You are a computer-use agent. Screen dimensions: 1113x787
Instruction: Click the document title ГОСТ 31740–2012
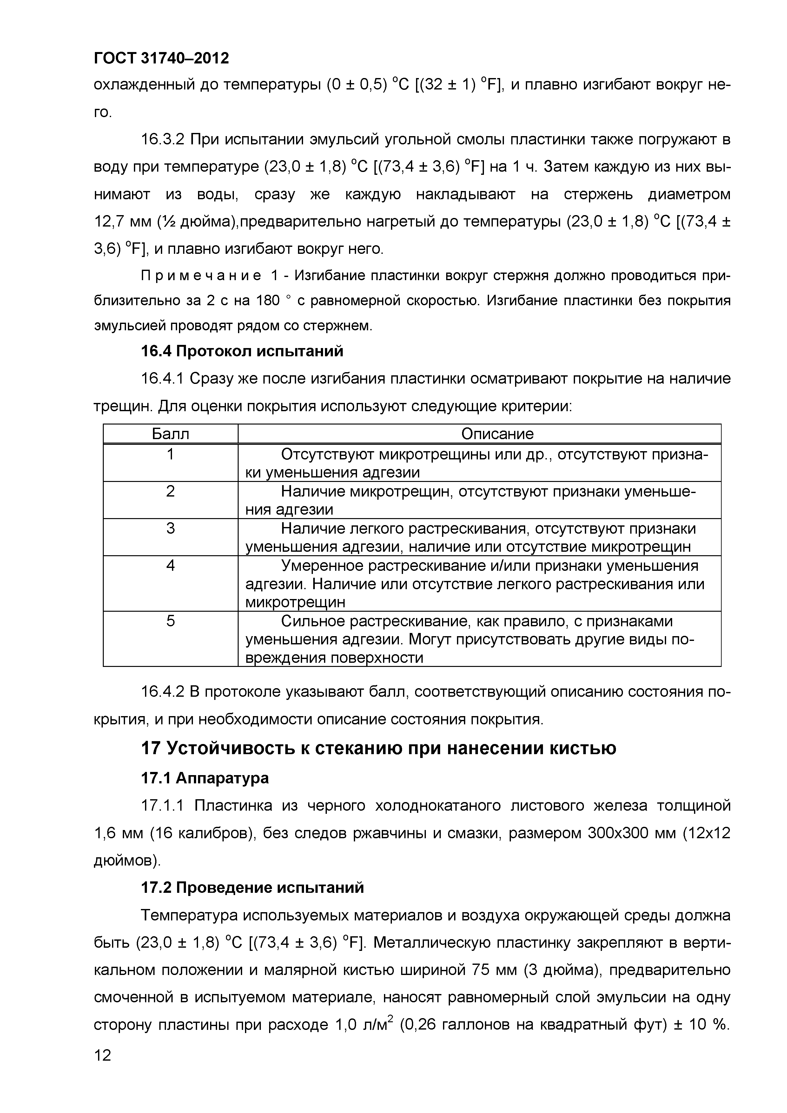pos(161,58)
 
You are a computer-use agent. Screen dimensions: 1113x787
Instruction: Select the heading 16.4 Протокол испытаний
pos(241,351)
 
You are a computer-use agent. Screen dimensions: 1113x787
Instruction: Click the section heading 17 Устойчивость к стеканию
pos(378,748)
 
